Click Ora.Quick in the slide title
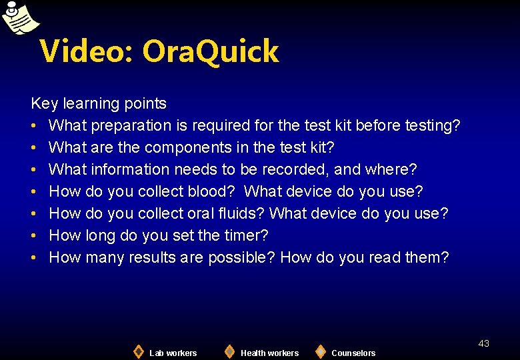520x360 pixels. [211, 51]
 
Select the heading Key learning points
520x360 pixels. [99, 103]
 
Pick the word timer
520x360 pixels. [243, 235]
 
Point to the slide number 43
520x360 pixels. [483, 343]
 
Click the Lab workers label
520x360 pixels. [173, 353]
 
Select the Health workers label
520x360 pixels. [269, 353]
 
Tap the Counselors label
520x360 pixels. [353, 353]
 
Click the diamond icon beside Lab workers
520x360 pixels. [138, 351]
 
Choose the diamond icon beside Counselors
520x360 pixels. [321, 351]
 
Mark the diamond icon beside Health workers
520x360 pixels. [229, 351]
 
